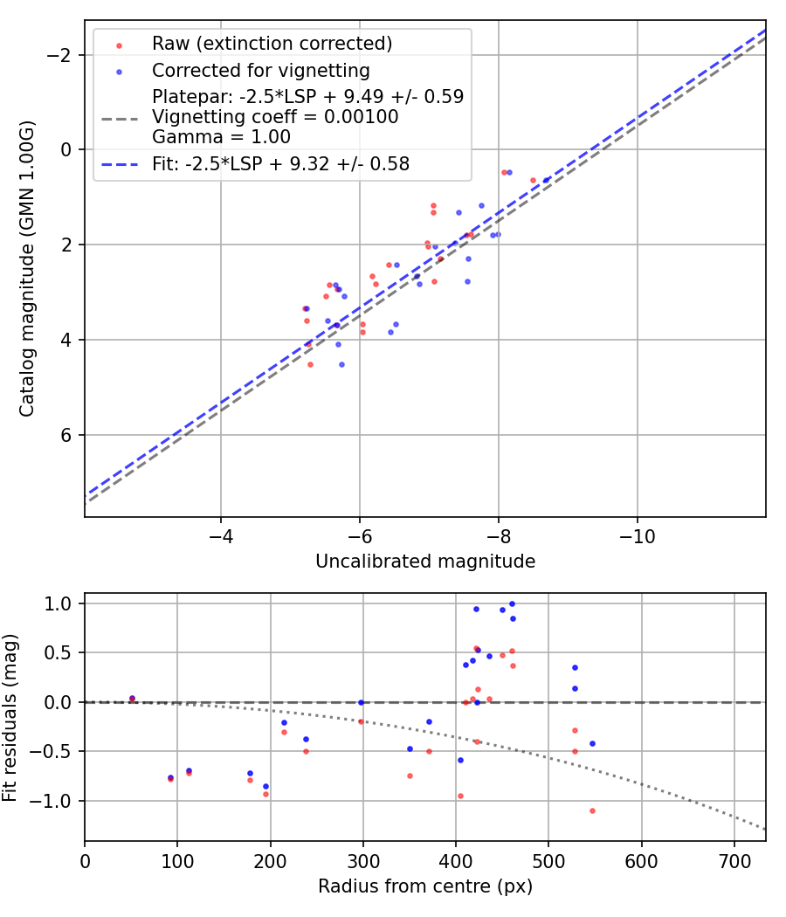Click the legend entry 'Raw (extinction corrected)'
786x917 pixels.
[272, 44]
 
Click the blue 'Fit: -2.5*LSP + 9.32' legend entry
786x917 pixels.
[280, 163]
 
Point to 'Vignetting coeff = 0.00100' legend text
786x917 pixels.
[274, 117]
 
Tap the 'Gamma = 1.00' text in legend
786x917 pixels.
[221, 137]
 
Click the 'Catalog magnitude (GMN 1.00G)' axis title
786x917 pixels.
[27, 268]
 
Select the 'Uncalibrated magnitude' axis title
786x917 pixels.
[424, 562]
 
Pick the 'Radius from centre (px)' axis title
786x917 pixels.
[424, 886]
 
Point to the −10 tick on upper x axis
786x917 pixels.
[637, 534]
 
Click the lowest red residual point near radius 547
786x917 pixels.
[592, 810]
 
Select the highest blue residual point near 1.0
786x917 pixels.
[512, 603]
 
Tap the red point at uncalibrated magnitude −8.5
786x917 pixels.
[533, 180]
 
